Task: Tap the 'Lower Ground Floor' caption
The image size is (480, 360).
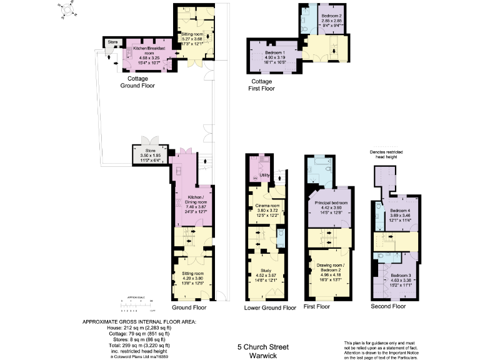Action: point(270,307)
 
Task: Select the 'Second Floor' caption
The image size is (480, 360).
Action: point(389,306)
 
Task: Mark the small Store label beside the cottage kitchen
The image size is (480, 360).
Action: point(112,42)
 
